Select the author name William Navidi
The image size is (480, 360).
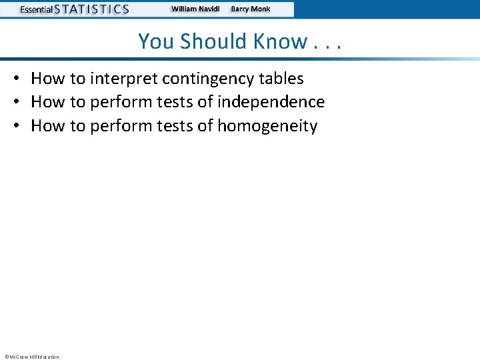click(195, 9)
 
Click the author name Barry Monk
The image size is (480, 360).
click(251, 9)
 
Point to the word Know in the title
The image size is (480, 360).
click(281, 41)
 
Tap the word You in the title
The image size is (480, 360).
click(156, 41)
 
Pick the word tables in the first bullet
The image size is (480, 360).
click(281, 79)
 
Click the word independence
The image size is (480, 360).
click(271, 102)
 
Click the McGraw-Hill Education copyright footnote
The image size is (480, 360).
click(33, 357)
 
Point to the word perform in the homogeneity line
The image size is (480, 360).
click(117, 125)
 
